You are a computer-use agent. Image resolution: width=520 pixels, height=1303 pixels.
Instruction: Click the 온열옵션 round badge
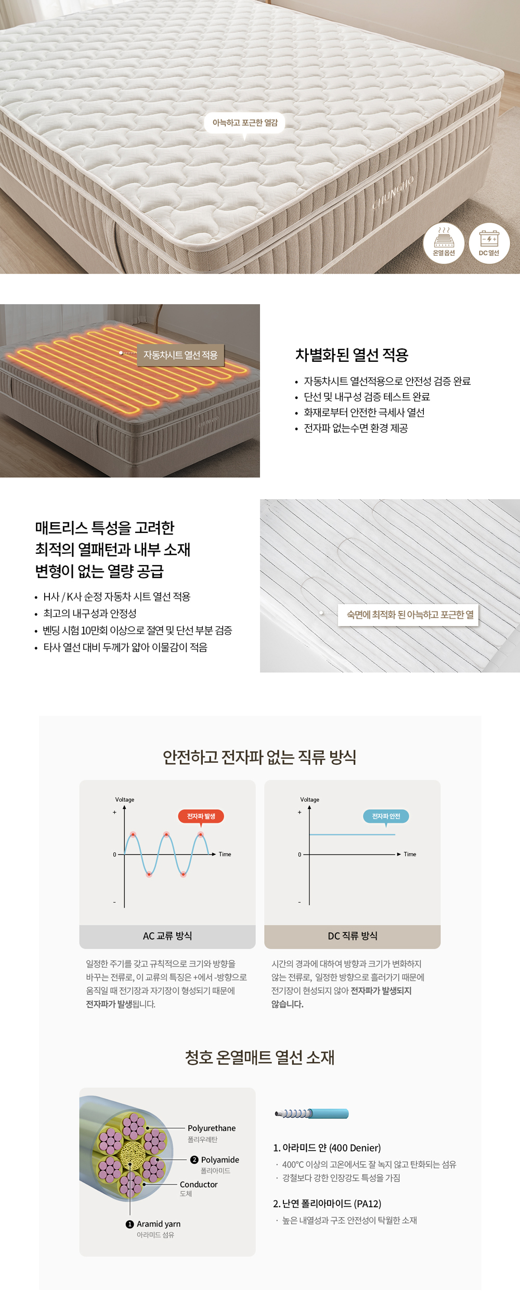point(444,243)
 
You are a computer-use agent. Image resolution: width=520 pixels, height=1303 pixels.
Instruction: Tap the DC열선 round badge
point(489,243)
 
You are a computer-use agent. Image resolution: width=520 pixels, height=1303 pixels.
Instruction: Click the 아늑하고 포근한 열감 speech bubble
point(245,123)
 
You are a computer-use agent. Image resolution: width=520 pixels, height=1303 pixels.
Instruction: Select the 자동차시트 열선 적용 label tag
point(180,355)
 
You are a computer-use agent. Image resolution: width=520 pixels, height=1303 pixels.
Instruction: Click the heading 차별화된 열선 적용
point(352,355)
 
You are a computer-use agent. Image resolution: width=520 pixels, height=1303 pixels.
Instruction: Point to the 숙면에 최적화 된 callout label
point(408,615)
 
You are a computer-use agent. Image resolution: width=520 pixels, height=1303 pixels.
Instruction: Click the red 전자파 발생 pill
point(201,816)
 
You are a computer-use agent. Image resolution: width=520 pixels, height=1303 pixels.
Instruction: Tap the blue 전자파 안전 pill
point(386,816)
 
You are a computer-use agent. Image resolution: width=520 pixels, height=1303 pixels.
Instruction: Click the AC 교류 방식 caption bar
point(167,936)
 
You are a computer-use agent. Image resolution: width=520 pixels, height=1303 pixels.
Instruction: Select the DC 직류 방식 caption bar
point(353,936)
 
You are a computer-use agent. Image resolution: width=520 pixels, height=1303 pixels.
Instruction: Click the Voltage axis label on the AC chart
point(125,800)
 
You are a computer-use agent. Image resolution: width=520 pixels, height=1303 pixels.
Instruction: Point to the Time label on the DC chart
point(410,854)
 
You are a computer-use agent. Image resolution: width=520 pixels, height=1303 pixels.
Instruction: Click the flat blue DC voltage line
point(352,835)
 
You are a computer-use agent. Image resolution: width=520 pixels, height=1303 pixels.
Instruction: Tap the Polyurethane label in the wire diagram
point(212,1128)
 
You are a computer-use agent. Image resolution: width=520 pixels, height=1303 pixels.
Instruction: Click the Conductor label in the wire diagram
point(199,1184)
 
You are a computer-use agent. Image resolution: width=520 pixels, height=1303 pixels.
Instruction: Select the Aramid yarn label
point(159,1224)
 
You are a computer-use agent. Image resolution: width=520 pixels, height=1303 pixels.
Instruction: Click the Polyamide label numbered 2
point(220,1159)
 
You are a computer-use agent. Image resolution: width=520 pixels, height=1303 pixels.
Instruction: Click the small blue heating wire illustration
point(311,1113)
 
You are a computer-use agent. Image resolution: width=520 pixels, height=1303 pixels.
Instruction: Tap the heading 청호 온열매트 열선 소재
point(259,1058)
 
